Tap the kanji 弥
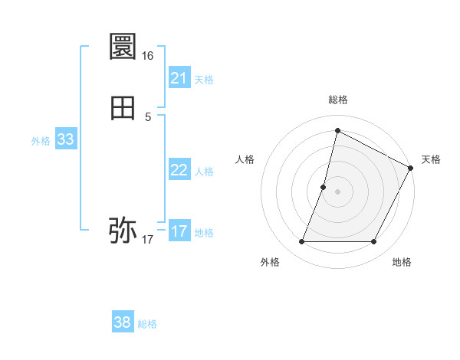point(123,229)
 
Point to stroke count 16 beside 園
point(148,56)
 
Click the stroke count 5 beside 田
point(148,117)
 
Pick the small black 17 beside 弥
point(148,240)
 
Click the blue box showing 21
point(179,78)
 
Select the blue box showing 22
point(179,170)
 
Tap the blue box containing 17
point(179,231)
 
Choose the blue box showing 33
point(65,139)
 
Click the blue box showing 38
point(123,322)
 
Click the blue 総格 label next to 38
point(147,324)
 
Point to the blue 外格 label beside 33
point(41,141)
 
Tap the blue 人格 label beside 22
point(205,172)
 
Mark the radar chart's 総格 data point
point(337,129)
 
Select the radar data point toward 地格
point(374,242)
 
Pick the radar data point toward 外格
point(301,242)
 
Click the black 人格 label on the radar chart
point(245,159)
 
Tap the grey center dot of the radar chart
point(337,191)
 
